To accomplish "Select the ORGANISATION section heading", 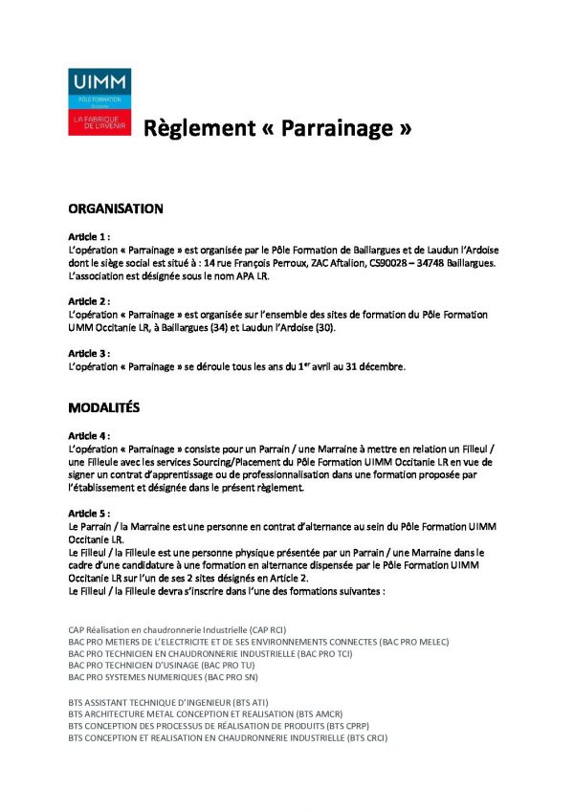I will (x=116, y=208).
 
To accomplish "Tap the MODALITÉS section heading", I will (x=104, y=407).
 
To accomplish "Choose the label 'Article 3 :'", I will (x=90, y=354).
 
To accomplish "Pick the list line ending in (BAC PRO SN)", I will (x=164, y=677).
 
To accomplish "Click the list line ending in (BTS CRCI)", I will (x=228, y=738).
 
